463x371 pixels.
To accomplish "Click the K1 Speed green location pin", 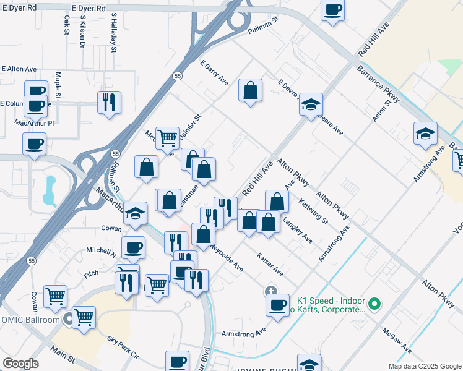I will [374, 304].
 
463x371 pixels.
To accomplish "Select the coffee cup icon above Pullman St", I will [332, 11].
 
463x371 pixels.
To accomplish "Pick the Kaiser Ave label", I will [270, 264].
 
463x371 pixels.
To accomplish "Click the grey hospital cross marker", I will [270, 291].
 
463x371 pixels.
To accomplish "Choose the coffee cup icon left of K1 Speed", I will [277, 305].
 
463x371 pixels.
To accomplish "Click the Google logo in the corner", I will [20, 364].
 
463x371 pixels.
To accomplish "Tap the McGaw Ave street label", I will [397, 341].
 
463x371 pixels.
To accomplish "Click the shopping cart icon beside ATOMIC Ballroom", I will [84, 318].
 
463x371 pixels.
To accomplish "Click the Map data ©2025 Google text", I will [424, 366].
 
